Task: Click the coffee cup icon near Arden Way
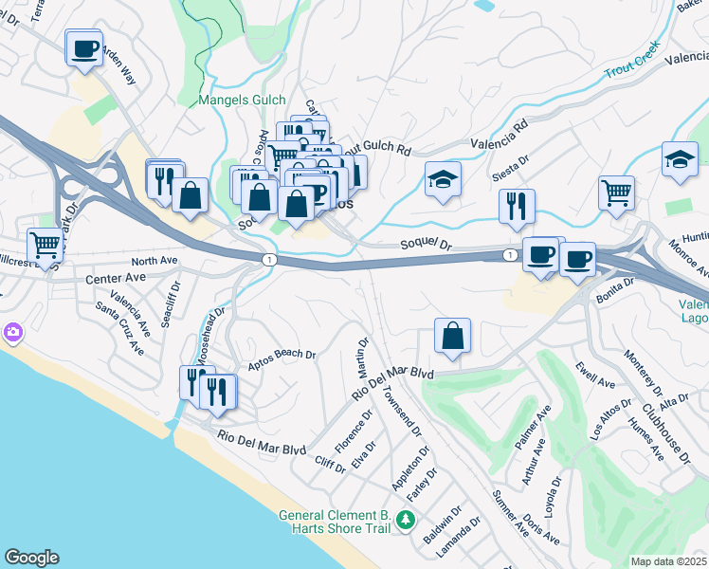pos(84,47)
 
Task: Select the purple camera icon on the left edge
pos(12,332)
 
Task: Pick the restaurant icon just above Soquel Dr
pos(517,207)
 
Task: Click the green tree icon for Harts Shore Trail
pos(406,520)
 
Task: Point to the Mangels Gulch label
pos(237,99)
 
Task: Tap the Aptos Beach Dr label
pos(282,358)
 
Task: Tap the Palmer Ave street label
pos(534,428)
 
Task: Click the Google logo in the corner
pos(31,558)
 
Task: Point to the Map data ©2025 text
pos(667,561)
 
